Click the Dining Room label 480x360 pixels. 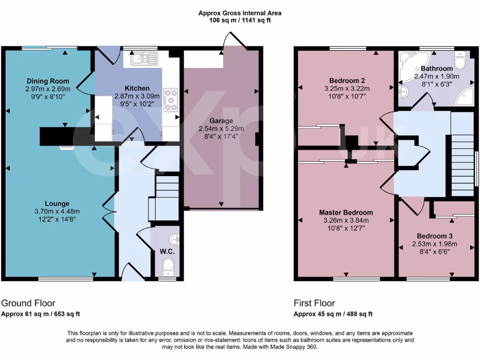tap(47, 81)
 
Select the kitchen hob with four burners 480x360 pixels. tap(171, 100)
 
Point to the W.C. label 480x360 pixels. tap(167, 252)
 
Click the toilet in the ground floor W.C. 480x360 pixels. tap(167, 269)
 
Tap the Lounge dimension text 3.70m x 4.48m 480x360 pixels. tap(57, 211)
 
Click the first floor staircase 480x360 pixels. tap(462, 164)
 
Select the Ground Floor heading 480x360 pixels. tap(29, 303)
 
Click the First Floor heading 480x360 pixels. tap(314, 303)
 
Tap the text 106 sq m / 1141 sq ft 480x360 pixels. tap(240, 20)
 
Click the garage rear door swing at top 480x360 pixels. tap(234, 41)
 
